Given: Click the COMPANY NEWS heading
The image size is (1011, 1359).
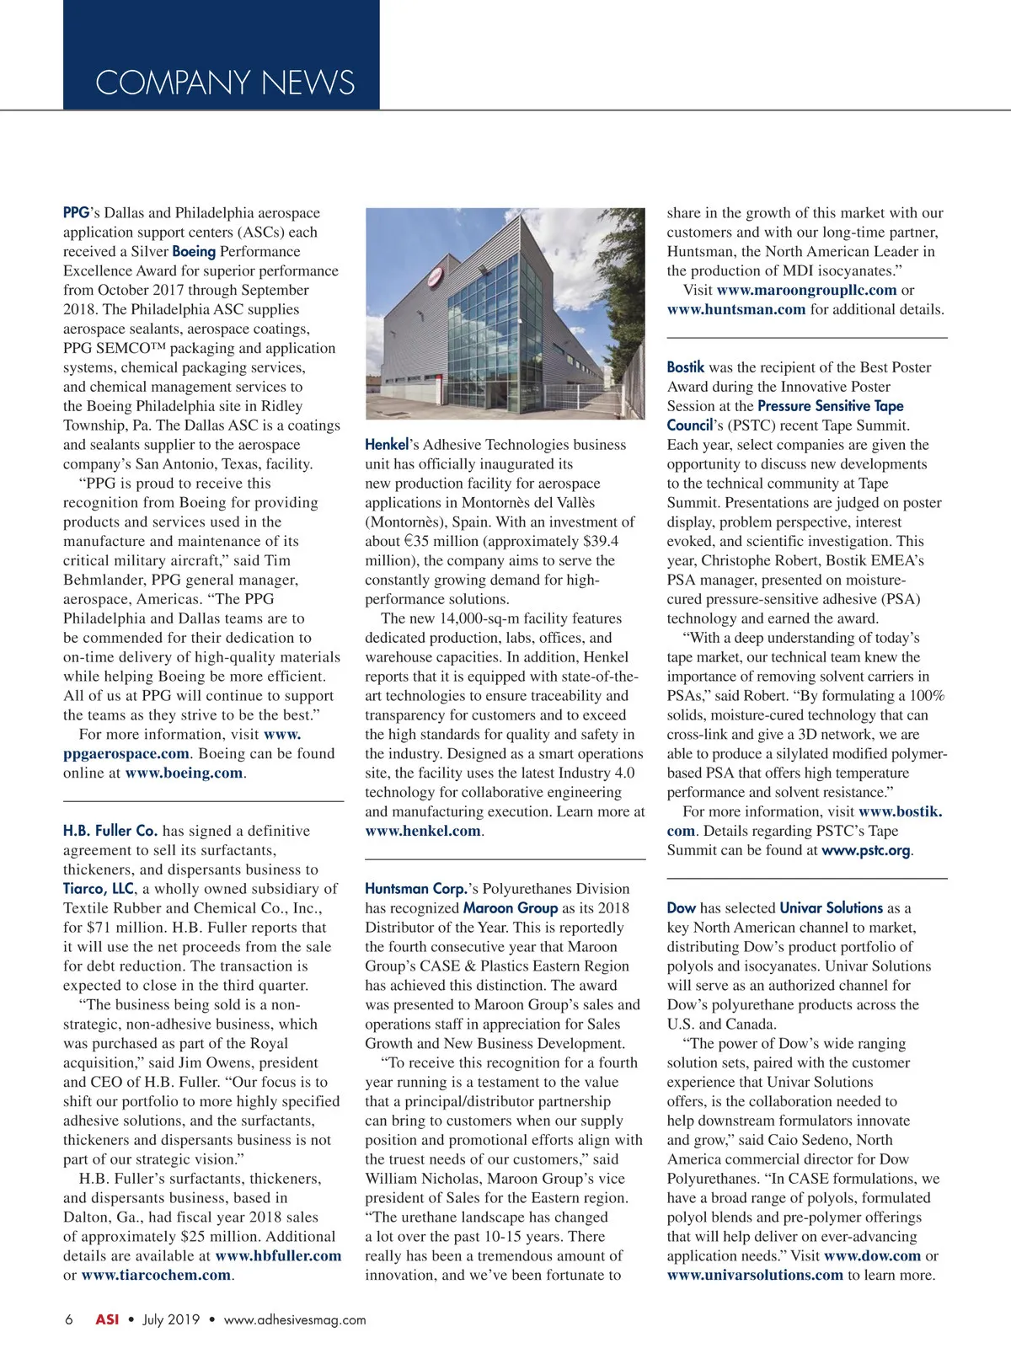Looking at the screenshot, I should point(225,83).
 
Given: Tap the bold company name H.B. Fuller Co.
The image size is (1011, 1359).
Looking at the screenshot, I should point(110,831).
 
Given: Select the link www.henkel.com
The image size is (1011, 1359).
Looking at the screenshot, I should point(423,831).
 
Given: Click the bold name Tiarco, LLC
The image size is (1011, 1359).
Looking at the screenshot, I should point(99,889).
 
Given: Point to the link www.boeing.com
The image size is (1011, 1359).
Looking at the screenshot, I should point(184,773).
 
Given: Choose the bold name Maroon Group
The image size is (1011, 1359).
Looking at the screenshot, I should point(511,908).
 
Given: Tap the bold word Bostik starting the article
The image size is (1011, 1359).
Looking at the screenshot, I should point(685,367).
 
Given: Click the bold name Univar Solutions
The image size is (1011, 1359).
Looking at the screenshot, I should point(831,908).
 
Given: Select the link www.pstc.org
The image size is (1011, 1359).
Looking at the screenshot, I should point(865,850).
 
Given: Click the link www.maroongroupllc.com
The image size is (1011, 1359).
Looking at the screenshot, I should point(806,290).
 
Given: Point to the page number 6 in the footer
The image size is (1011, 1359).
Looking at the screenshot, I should point(69,1319).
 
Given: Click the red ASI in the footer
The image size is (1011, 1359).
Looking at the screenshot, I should point(107,1319).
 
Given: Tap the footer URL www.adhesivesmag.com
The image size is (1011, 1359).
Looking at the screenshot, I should point(295,1319).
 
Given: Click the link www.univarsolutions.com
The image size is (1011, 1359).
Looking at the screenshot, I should point(755,1275).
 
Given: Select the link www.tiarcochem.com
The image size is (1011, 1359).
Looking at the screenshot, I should point(156,1275).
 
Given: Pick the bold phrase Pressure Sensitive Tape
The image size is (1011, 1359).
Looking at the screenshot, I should point(830,406).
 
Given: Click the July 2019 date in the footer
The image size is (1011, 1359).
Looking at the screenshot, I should point(171,1319).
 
